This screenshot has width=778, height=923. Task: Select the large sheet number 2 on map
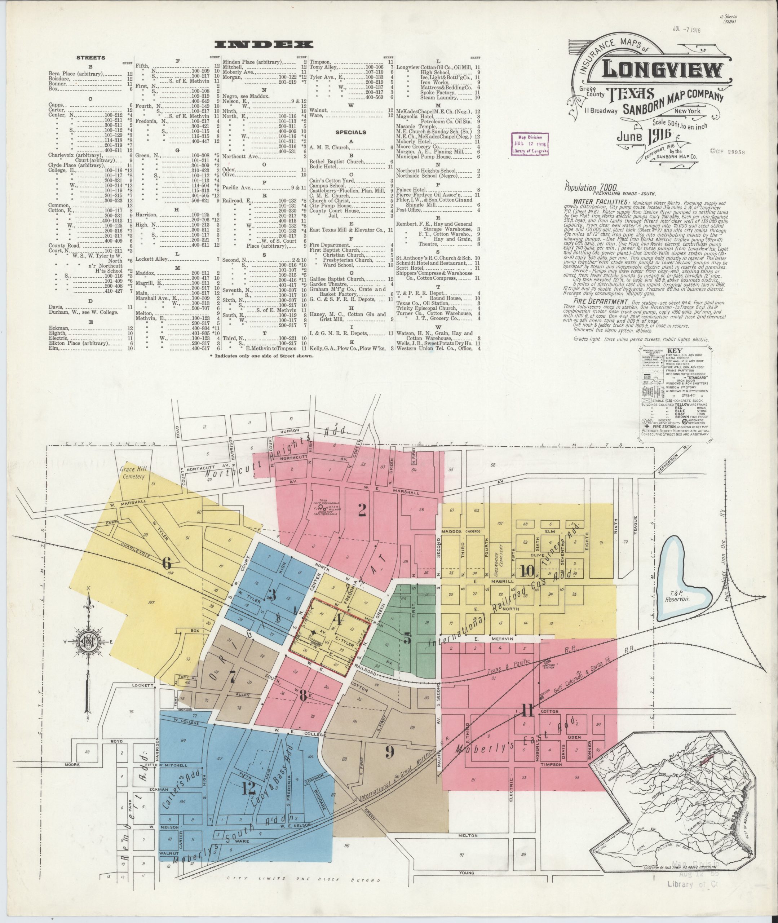tap(362, 510)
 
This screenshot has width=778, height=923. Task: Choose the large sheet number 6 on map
tap(166, 563)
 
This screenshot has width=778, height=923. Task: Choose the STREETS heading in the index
tap(90, 57)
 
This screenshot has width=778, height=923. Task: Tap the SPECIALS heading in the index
tap(351, 132)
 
